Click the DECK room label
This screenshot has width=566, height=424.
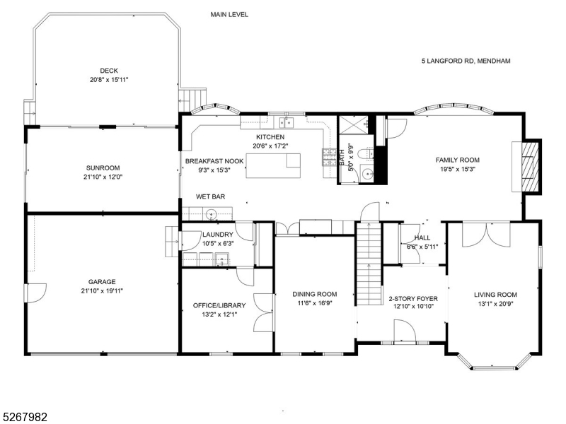tap(109, 71)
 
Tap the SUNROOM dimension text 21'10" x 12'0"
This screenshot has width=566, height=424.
tap(103, 177)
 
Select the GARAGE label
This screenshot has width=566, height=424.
tap(103, 281)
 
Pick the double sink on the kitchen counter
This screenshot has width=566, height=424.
tap(287, 122)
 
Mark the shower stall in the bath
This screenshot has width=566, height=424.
tap(354, 125)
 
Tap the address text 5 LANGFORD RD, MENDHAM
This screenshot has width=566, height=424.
tap(466, 61)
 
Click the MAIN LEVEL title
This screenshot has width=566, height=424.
tap(229, 14)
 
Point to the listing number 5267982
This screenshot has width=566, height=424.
tap(24, 417)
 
